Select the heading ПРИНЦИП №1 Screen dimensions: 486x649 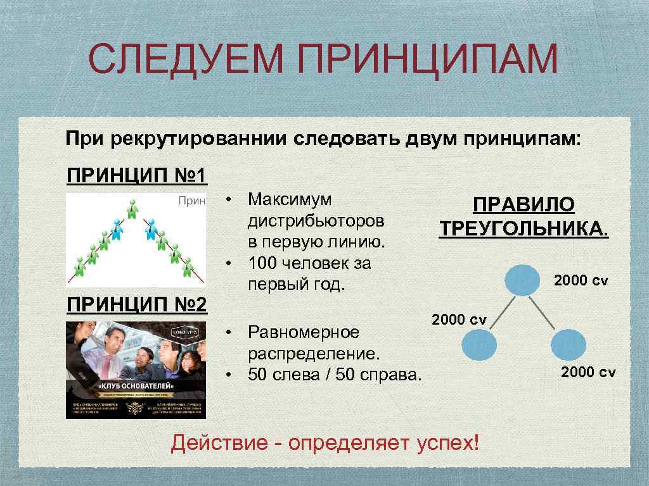point(137,174)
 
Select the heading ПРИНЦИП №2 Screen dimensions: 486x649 point(137,305)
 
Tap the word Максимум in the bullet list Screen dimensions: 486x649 point(290,199)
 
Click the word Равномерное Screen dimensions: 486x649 point(303,332)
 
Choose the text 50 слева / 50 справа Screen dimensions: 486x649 point(334,374)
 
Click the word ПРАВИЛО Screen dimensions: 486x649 point(524,205)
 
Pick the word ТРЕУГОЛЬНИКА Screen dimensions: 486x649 point(524,228)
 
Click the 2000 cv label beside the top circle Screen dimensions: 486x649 point(581,280)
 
